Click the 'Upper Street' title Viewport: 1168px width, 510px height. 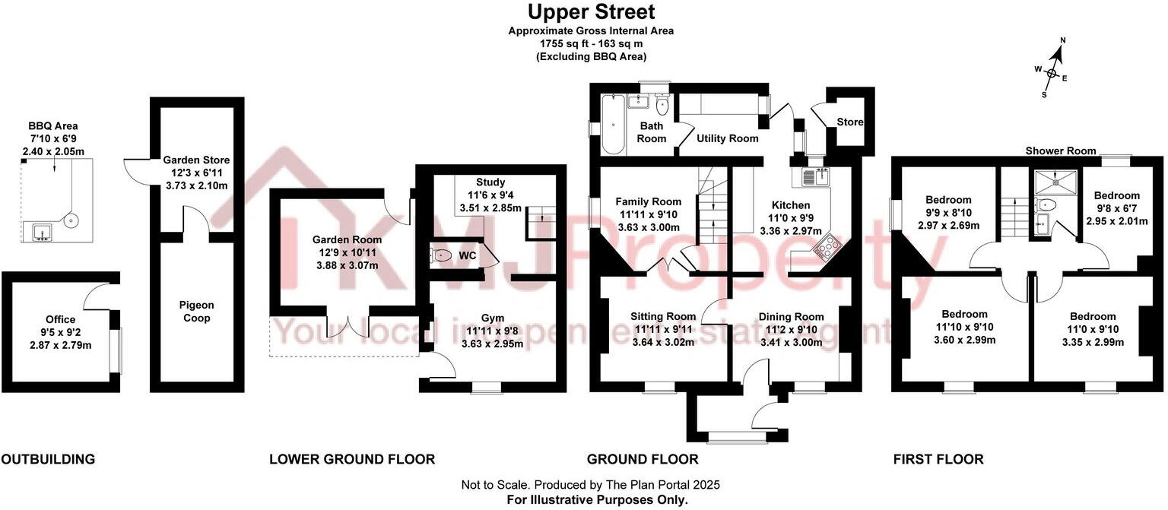[x=591, y=12]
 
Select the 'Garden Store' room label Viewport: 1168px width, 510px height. [x=196, y=160]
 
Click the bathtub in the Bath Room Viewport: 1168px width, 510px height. [x=612, y=124]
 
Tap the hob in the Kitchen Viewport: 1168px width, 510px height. [x=827, y=246]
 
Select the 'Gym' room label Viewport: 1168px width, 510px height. [x=492, y=318]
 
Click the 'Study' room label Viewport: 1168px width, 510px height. [x=490, y=182]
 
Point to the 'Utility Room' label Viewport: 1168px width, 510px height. [x=727, y=138]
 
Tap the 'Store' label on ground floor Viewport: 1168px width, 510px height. [x=849, y=122]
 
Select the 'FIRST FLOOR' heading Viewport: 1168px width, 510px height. [x=938, y=459]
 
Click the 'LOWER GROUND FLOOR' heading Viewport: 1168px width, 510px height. [x=352, y=459]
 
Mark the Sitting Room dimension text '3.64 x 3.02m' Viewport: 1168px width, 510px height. [x=663, y=342]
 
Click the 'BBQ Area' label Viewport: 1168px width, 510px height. [x=53, y=126]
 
